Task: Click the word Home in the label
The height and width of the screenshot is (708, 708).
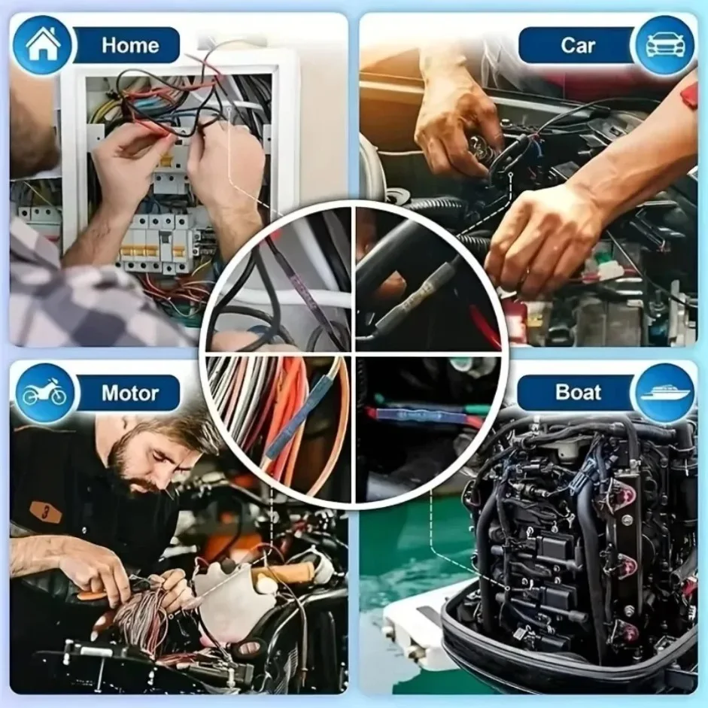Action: tap(130, 45)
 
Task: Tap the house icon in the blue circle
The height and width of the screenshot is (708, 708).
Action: tap(43, 44)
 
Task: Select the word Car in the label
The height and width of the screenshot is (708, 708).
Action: tap(577, 45)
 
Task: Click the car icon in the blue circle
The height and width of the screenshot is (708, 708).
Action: tap(664, 45)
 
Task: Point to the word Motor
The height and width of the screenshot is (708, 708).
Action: tap(130, 393)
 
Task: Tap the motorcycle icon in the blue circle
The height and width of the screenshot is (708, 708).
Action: tap(44, 393)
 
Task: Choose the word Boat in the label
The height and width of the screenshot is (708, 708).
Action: tap(578, 392)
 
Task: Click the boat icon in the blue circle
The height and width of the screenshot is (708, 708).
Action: tap(664, 393)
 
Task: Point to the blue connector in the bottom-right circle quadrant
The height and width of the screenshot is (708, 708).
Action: tap(418, 415)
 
